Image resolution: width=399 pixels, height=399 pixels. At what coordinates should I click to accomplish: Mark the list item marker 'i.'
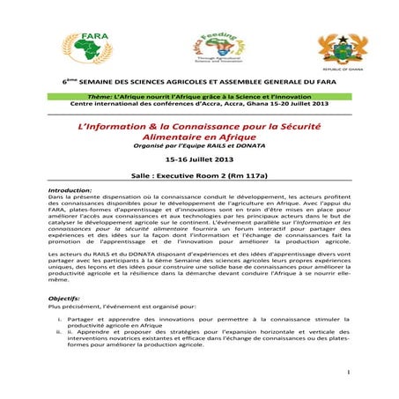(59, 318)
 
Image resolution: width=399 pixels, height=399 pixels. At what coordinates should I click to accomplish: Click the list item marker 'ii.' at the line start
(58, 332)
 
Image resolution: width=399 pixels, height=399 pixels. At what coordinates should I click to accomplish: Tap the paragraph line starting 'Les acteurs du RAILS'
(201, 254)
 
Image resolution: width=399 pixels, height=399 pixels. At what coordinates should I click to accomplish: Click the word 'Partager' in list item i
(82, 318)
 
